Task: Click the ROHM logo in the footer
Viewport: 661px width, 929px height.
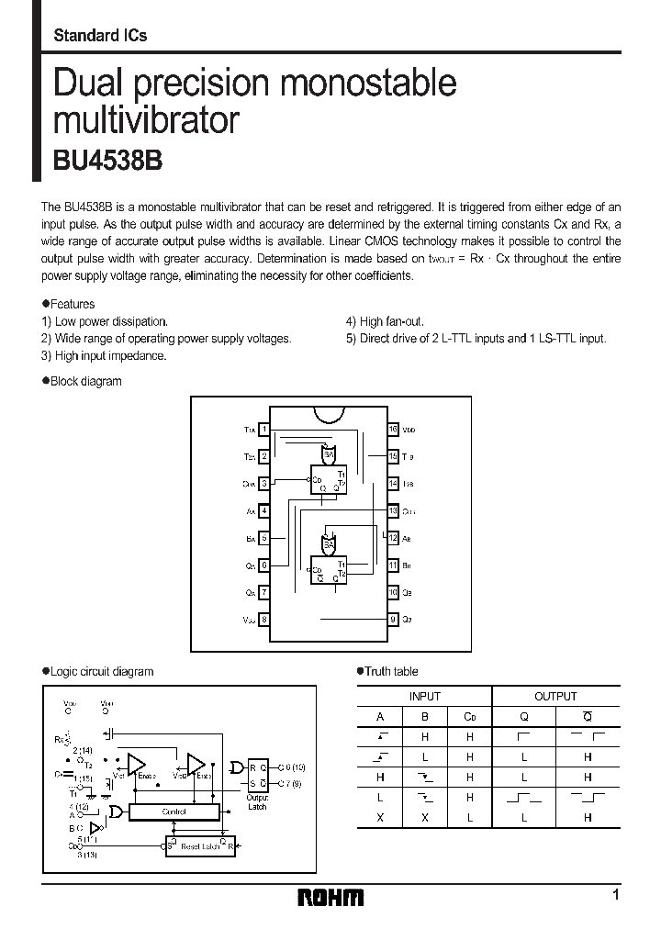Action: [x=331, y=898]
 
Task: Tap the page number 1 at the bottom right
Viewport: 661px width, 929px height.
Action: [x=616, y=895]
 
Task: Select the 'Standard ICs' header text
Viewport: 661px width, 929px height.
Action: [x=100, y=36]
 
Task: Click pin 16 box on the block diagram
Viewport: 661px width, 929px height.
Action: [x=393, y=429]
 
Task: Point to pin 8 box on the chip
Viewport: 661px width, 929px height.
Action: [x=264, y=619]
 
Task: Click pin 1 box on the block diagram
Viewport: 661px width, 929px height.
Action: [x=264, y=429]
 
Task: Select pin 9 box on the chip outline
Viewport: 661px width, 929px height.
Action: [x=393, y=619]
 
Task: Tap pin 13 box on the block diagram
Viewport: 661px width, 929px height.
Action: [x=393, y=510]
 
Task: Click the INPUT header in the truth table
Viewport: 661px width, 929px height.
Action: [x=424, y=697]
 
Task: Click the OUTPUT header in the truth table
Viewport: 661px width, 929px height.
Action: [x=555, y=697]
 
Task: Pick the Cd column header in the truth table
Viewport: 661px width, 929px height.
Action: [x=469, y=718]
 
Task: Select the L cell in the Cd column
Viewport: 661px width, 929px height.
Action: [x=469, y=817]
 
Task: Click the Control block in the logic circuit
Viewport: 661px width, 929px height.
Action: [x=174, y=811]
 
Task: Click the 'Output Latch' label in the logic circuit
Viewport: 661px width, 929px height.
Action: [x=257, y=802]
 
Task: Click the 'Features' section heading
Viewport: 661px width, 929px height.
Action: [x=70, y=304]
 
